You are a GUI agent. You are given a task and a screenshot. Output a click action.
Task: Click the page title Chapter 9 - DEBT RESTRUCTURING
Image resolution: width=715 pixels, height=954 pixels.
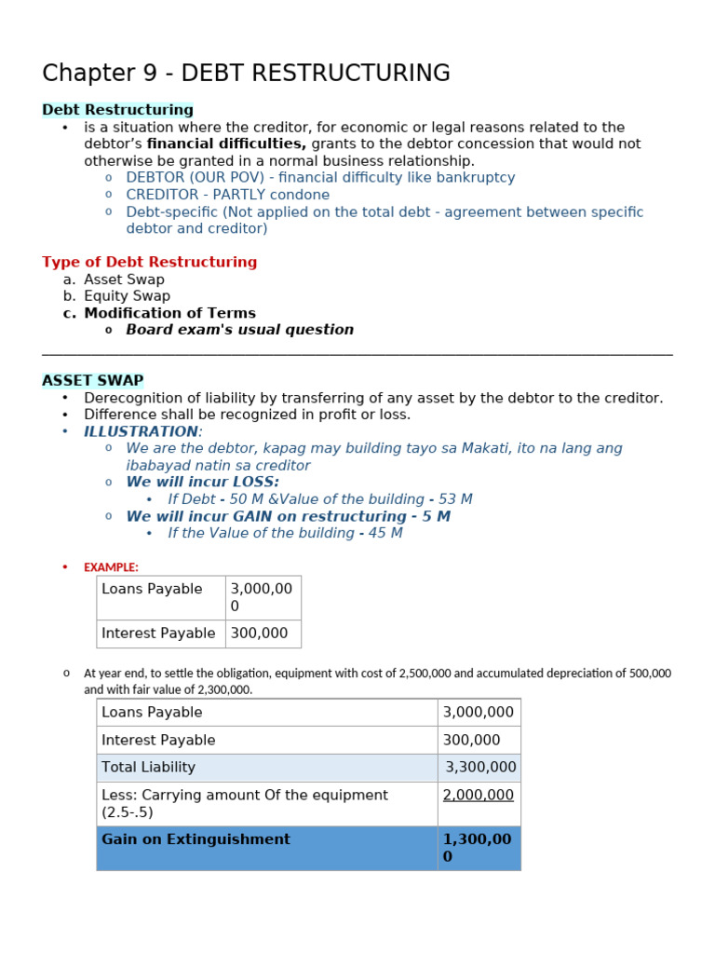(246, 74)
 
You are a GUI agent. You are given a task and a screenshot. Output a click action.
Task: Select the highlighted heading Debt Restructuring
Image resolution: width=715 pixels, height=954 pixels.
(117, 110)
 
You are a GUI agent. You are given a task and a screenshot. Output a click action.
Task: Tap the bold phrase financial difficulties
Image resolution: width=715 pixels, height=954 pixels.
(226, 144)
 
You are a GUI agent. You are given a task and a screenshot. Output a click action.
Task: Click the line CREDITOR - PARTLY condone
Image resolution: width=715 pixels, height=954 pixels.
(227, 195)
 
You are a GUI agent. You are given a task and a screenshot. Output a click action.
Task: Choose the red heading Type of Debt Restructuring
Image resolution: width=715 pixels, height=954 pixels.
(149, 263)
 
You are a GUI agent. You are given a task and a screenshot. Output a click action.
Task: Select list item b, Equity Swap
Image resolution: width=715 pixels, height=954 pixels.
(127, 296)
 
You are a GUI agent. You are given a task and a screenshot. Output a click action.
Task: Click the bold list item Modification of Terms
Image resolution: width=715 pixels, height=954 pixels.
(169, 313)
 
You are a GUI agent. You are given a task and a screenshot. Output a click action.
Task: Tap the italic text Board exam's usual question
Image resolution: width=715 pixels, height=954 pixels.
(239, 330)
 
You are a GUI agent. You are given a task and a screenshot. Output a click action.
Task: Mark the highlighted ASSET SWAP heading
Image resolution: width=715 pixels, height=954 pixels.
(92, 380)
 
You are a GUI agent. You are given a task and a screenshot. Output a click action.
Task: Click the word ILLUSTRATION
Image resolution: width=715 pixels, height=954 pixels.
(141, 431)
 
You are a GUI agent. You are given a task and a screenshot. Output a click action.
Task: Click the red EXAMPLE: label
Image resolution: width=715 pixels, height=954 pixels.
(111, 567)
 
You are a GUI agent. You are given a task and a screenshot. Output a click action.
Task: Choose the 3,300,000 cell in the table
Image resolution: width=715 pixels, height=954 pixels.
(479, 768)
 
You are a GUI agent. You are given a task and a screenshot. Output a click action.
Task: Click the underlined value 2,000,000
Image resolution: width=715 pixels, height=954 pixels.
(478, 795)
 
